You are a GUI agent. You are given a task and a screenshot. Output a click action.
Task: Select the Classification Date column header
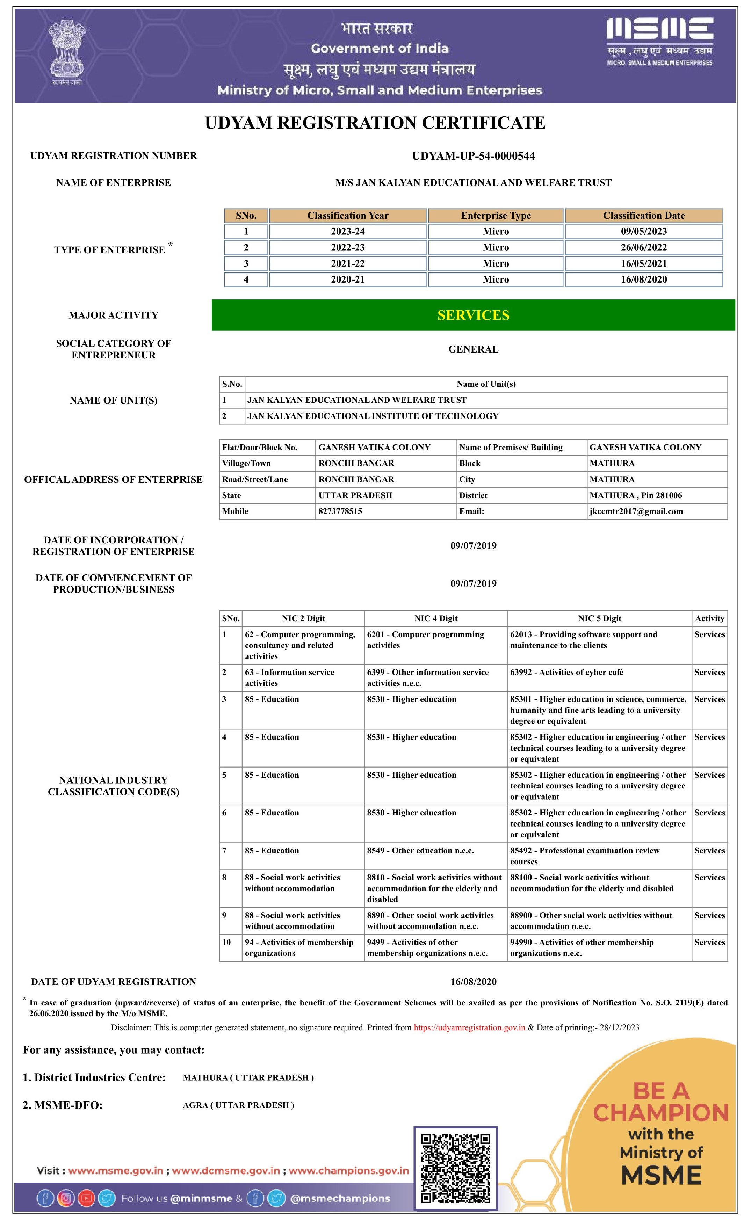pos(643,216)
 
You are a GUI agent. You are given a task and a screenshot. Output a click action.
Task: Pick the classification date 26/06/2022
pos(643,247)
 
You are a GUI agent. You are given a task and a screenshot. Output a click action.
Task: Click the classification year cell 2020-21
pos(348,279)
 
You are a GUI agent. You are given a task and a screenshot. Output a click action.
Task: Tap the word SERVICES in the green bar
pos(473,315)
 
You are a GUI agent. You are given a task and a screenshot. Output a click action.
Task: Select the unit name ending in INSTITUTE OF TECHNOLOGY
pos(373,416)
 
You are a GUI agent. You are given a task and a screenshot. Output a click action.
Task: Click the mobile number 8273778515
pos(340,511)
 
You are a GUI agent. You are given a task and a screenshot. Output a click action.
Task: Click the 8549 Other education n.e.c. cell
pos(420,851)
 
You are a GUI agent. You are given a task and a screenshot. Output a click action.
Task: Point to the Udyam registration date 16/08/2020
pos(473,982)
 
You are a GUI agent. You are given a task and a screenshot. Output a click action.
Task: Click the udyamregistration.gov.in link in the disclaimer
pos(469,1028)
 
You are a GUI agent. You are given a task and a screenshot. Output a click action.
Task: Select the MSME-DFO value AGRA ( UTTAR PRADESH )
pos(238,1105)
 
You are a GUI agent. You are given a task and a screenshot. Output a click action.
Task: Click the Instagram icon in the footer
pos(66,1198)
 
